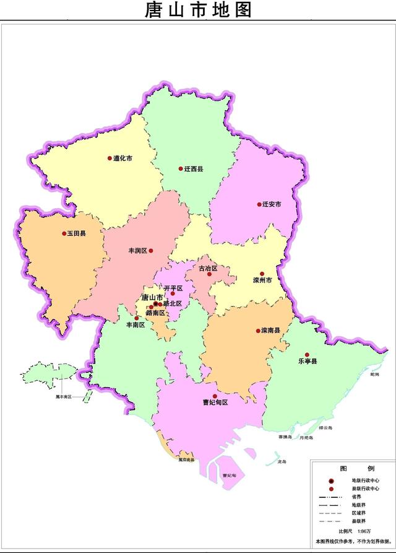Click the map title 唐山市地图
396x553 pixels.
click(198, 11)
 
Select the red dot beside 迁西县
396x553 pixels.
click(181, 168)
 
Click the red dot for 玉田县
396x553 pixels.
click(64, 233)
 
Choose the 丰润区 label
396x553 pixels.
click(137, 251)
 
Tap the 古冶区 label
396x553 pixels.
click(208, 268)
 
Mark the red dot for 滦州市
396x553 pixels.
click(262, 274)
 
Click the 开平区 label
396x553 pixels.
click(173, 288)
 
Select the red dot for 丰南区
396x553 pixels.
click(137, 318)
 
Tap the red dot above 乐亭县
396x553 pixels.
click(307, 355)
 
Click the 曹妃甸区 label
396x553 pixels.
click(215, 403)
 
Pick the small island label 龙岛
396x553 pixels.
click(282, 462)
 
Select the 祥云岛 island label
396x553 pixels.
click(325, 428)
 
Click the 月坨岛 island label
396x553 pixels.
click(306, 437)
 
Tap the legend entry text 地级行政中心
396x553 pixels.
click(366, 481)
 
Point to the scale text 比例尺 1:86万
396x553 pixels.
click(355, 531)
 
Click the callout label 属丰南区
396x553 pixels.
click(62, 396)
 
